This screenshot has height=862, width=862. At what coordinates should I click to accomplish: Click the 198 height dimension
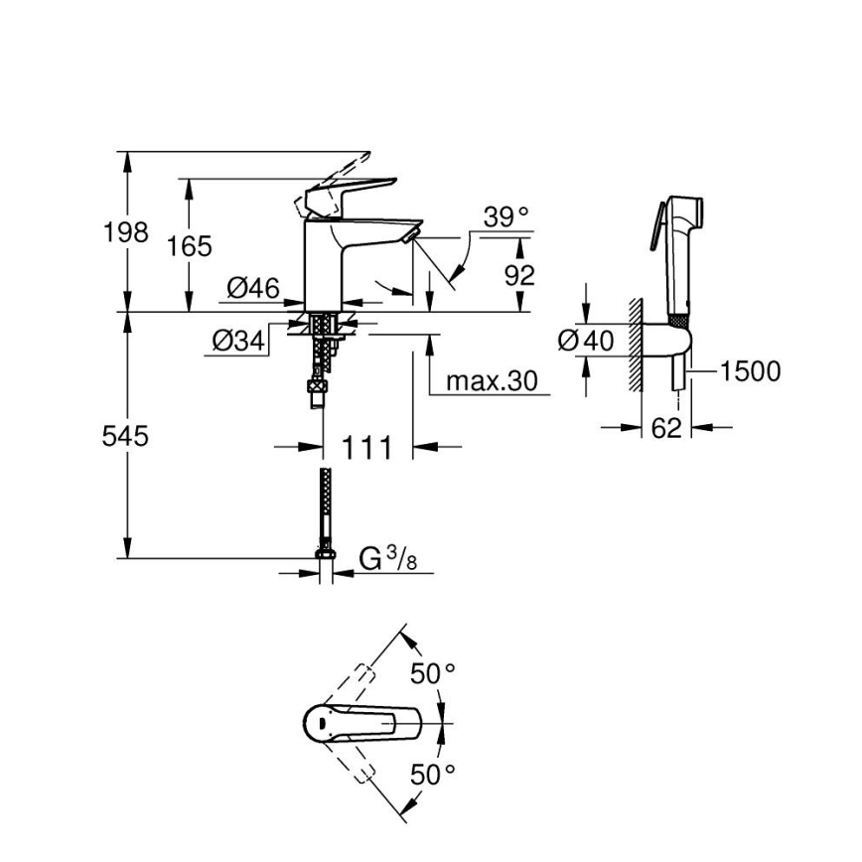[x=126, y=233]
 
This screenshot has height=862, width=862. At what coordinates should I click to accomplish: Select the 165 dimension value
[x=189, y=246]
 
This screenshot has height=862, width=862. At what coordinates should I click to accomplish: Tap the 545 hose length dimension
[x=126, y=435]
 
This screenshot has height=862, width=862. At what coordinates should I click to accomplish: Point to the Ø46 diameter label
[x=252, y=288]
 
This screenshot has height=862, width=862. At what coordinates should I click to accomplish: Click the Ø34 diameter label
[x=238, y=341]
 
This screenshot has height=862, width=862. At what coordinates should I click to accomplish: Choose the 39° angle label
[x=506, y=217]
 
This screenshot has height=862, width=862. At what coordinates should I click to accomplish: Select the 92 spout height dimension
[x=518, y=275]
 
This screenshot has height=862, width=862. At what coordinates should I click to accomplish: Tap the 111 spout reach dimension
[x=366, y=448]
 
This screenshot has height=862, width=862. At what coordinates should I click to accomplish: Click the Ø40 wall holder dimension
[x=587, y=341]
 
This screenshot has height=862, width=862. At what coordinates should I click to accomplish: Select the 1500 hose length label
[x=750, y=371]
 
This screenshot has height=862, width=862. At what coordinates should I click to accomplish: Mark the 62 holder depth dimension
[x=667, y=428]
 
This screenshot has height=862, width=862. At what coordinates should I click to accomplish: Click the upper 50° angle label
[x=434, y=674]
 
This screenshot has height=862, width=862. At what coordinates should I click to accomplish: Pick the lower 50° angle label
[x=434, y=774]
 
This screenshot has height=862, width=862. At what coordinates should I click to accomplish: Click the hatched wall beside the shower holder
[x=633, y=341]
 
